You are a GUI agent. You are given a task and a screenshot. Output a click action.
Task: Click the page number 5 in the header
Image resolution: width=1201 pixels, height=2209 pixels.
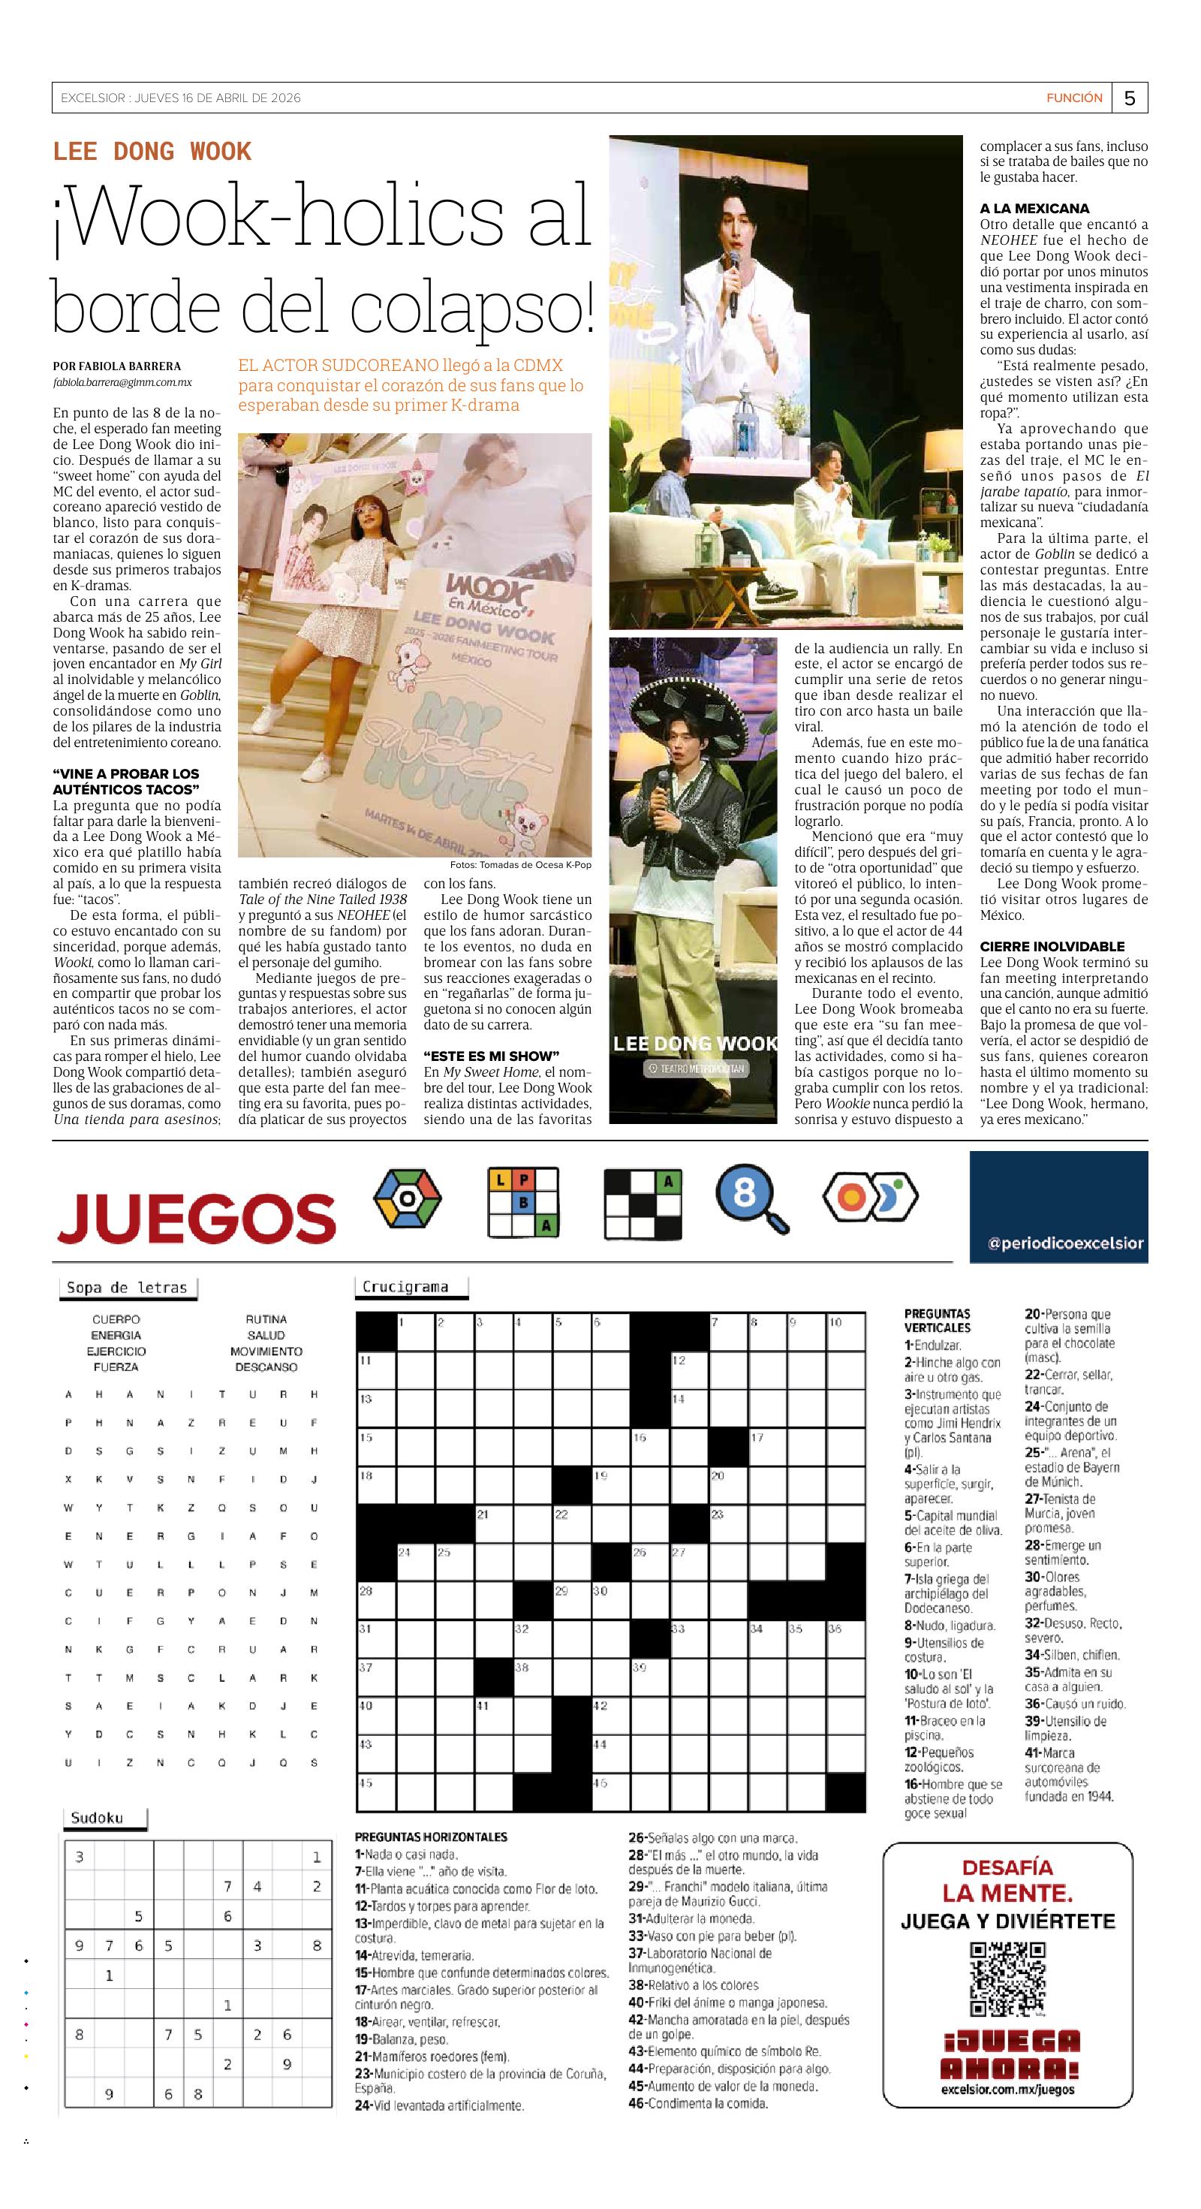pos(1129,98)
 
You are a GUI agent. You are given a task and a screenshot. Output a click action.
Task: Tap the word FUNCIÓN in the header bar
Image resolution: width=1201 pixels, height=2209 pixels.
pos(1074,98)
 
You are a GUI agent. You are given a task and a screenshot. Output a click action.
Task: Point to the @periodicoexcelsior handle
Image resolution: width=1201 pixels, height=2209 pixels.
pos(1066,1243)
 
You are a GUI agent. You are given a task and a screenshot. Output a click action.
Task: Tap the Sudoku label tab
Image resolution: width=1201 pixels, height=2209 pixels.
pos(97,1817)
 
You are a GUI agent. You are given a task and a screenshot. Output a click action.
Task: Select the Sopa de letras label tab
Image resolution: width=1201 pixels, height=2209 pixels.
pos(127,1288)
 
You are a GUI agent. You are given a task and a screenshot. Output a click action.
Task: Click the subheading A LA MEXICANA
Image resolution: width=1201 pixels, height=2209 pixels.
pos(1034,209)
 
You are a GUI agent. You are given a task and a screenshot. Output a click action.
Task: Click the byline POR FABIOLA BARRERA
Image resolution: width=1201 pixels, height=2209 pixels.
pos(116,366)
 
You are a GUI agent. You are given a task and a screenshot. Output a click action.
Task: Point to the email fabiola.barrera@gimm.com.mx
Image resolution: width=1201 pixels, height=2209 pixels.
pos(122,382)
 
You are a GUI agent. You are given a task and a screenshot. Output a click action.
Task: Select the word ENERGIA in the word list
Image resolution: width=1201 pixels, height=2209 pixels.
pos(116,1335)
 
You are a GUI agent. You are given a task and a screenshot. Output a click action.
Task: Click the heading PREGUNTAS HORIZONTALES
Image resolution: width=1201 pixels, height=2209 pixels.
pos(430,1837)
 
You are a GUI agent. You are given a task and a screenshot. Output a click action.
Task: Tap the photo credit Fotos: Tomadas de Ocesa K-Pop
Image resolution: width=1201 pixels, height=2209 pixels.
pos(520,865)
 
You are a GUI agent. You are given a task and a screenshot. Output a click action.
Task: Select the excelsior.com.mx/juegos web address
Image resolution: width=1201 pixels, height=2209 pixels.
pos(1007,2090)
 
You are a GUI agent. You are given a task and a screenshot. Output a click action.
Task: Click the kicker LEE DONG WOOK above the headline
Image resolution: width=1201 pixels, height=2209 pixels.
pos(152,152)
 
